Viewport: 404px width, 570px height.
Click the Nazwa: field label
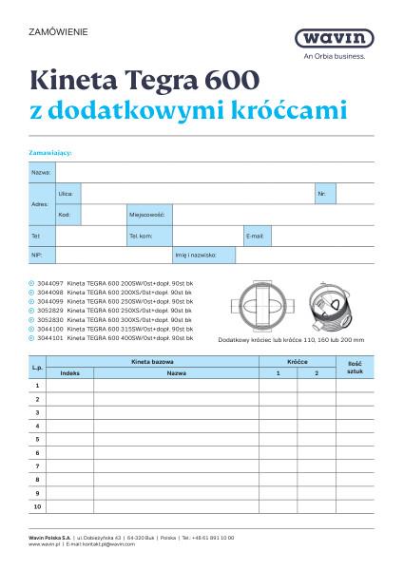41,172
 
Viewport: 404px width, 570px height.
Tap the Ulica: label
66,193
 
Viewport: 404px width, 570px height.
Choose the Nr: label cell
322,193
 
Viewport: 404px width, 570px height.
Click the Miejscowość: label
147,214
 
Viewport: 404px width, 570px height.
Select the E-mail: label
255,235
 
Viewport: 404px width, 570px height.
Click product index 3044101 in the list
49,337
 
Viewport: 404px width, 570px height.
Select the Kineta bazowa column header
155,363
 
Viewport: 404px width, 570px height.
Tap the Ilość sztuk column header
355,368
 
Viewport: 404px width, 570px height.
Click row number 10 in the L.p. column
37,507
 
